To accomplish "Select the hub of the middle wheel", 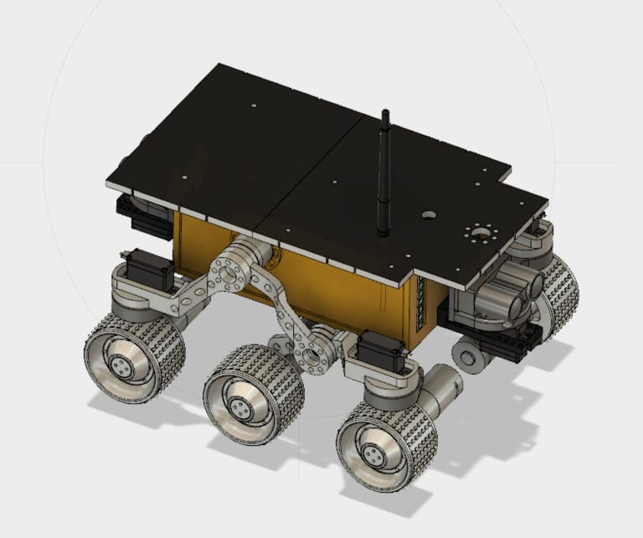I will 241,408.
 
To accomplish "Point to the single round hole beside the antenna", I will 429,215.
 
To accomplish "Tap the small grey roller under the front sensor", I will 471,355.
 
